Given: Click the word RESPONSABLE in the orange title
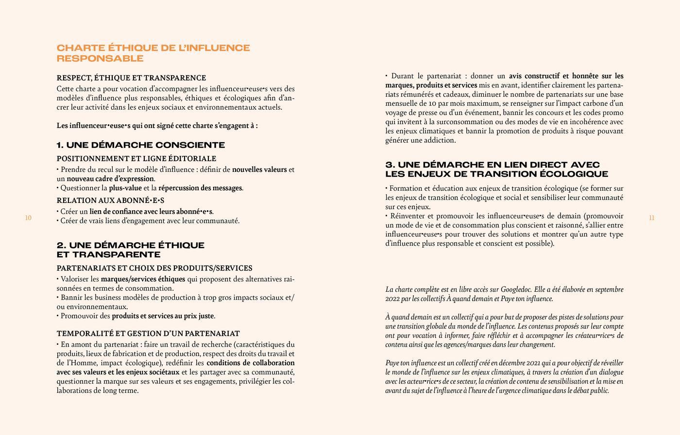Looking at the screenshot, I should click(100, 59).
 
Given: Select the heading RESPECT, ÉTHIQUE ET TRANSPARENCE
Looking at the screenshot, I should click(131, 78).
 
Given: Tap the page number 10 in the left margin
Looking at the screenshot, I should click(28, 218).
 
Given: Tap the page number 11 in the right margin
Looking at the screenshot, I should click(651, 218).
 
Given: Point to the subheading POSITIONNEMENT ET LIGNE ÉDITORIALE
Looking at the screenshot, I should click(136, 159).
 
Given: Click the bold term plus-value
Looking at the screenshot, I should click(125, 188).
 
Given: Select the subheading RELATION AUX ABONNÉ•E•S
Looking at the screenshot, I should click(110, 201).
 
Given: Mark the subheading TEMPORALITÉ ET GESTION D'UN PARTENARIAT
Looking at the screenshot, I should click(148, 334).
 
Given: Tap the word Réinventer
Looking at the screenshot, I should click(407, 216).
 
